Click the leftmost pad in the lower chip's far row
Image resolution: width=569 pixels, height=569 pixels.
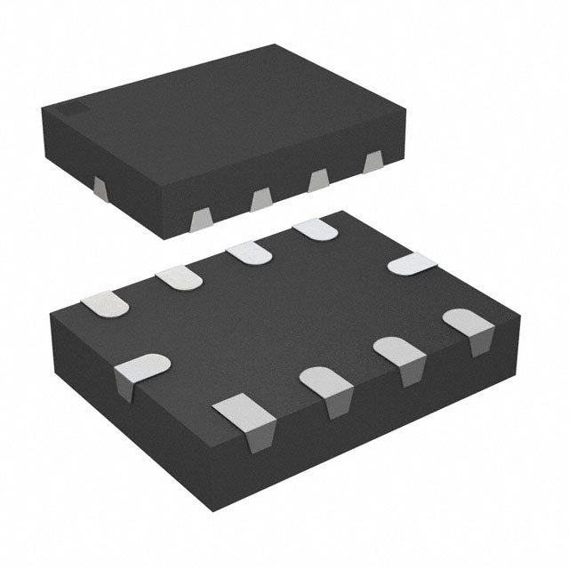coord(104,304)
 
